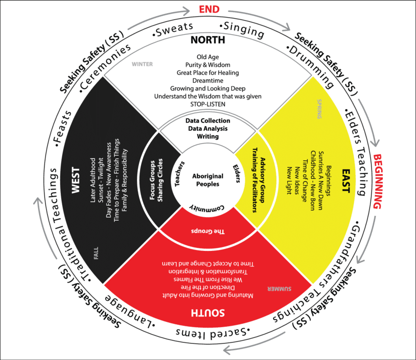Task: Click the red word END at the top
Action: pos(208,9)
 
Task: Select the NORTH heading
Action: pos(208,40)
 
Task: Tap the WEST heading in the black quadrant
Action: pos(75,182)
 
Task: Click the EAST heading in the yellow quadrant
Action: pos(346,181)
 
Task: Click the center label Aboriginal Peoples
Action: pos(208,180)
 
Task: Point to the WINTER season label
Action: pos(142,64)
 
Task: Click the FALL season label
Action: pos(95,254)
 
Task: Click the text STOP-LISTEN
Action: pos(208,104)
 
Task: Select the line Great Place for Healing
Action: pos(208,72)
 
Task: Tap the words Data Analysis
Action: pos(208,128)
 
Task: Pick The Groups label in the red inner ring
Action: pos(208,231)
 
